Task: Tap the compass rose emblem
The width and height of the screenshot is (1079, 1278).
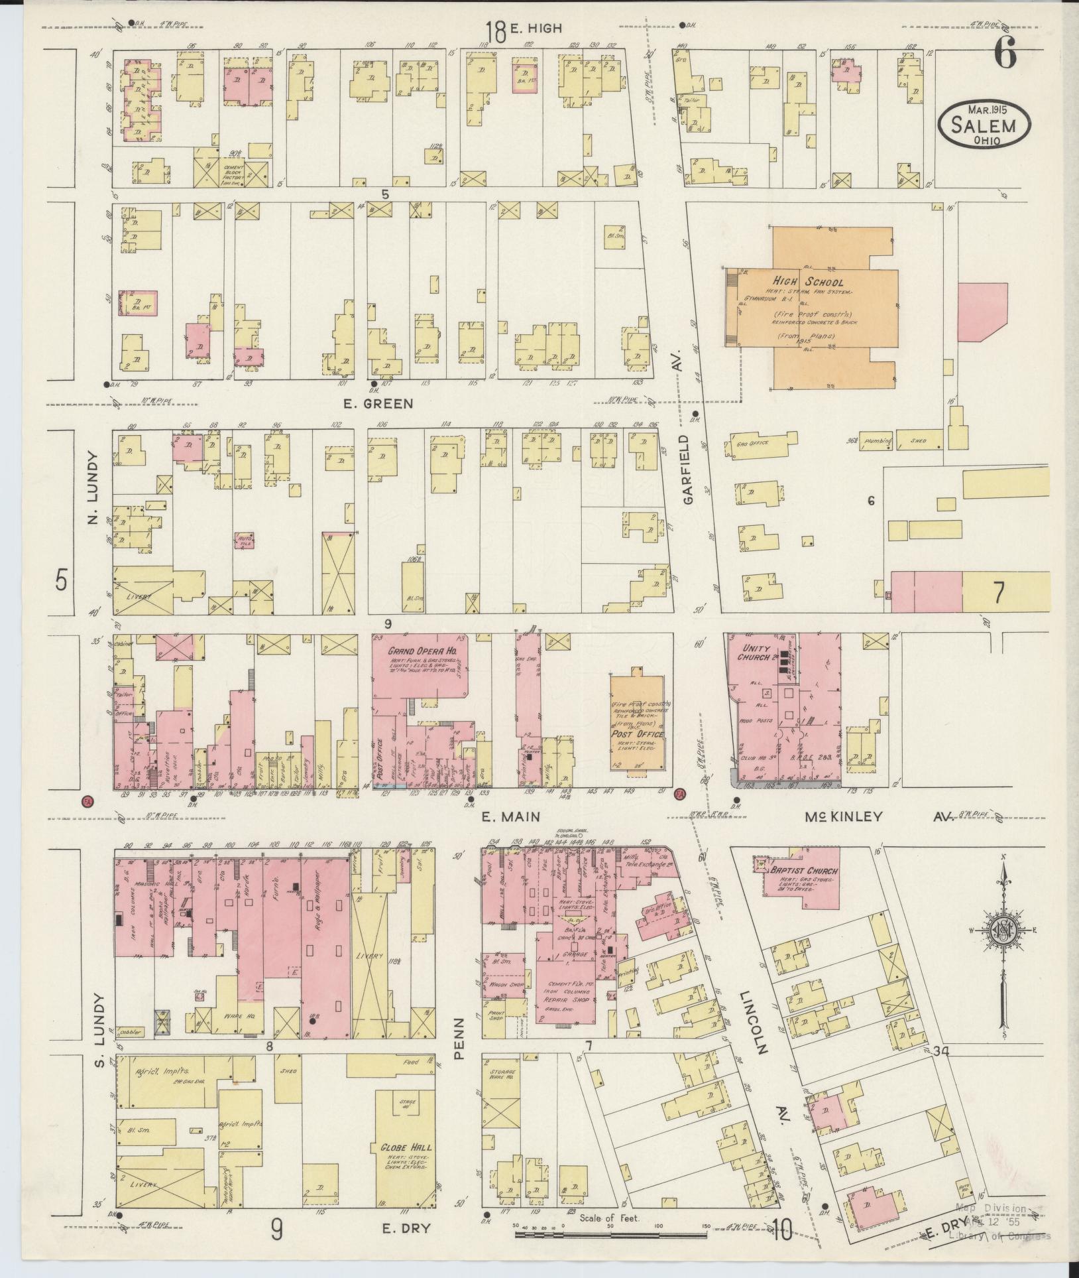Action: [1004, 932]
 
